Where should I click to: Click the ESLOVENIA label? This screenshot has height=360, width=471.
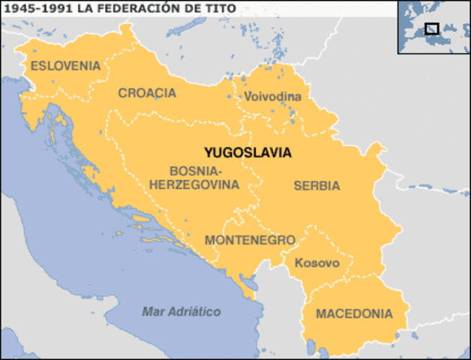pyautogui.click(x=65, y=66)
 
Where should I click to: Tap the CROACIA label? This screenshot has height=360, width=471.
pyautogui.click(x=147, y=94)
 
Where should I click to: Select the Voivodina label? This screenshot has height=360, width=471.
pyautogui.click(x=273, y=97)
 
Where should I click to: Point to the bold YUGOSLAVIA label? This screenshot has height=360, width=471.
pyautogui.click(x=247, y=152)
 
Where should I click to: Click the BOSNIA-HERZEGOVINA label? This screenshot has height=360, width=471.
pyautogui.click(x=194, y=177)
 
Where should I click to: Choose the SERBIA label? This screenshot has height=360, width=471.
pyautogui.click(x=316, y=185)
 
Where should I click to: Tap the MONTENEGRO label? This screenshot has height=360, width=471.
pyautogui.click(x=250, y=240)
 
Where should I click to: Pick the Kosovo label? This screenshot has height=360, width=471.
pyautogui.click(x=317, y=263)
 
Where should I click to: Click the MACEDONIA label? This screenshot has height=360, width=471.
pyautogui.click(x=354, y=313)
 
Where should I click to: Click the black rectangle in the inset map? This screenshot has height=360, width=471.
pyautogui.click(x=431, y=29)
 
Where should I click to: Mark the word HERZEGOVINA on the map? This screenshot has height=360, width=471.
pyautogui.click(x=194, y=184)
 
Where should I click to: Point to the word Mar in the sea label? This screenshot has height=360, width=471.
pyautogui.click(x=153, y=310)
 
